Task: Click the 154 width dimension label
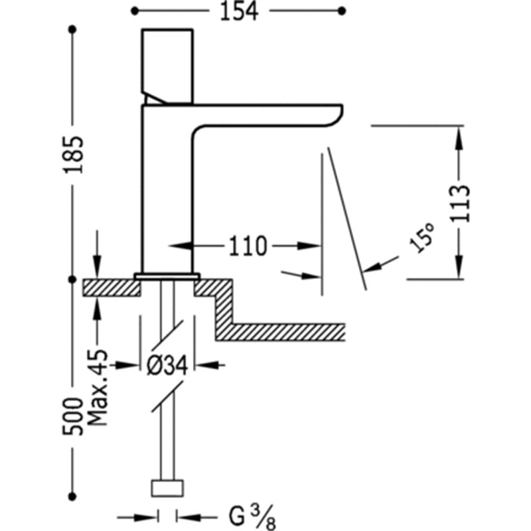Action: coord(239,11)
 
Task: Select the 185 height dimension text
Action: coord(73,155)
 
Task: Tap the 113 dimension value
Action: coord(460,203)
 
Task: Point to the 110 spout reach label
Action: coord(248,246)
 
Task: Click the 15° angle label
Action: coord(422,237)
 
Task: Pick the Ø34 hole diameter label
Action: coord(167,366)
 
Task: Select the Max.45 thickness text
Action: coord(98,388)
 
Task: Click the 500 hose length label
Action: coord(73,417)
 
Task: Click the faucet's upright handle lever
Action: coord(168,66)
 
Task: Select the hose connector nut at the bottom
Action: coord(167,489)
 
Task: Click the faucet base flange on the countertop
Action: coord(167,276)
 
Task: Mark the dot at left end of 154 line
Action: coord(135,11)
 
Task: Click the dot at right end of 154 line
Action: coord(342,11)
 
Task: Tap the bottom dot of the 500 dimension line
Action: coord(72,496)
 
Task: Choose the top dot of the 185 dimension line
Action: coord(72,29)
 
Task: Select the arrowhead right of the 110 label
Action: coord(309,246)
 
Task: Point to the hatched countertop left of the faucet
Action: coord(112,288)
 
